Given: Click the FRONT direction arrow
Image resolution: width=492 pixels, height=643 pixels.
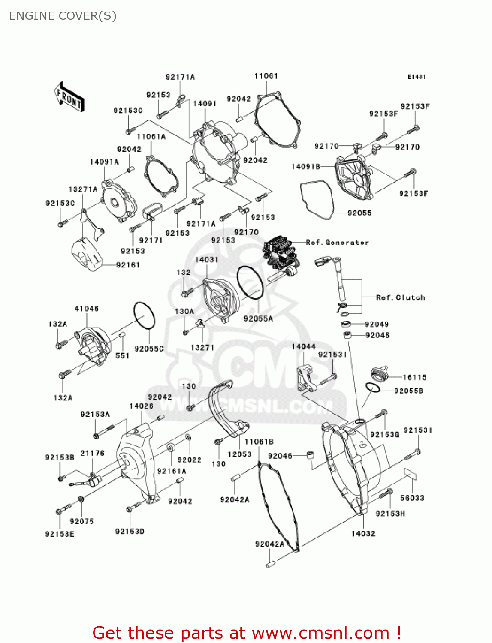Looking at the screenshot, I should coord(69,97).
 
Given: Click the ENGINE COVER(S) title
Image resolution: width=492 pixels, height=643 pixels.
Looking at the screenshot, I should coord(63,16).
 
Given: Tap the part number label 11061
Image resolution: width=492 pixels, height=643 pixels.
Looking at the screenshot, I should coord(266,76).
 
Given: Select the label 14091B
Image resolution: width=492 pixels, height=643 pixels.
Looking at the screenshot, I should coord(305,166).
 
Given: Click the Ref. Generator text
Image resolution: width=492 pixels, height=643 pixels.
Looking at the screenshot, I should coord(337,243).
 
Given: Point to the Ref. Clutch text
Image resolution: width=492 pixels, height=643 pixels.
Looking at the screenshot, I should coord(400,297).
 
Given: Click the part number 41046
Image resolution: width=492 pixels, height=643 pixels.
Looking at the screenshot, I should coord(87,308).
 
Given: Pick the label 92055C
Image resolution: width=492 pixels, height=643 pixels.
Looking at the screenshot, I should coord(149,349).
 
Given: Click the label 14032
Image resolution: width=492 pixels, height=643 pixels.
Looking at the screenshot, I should coord(363,533).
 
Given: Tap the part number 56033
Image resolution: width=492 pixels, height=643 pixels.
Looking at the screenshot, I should coord(412,498).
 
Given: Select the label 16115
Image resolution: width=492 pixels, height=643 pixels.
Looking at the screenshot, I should coord(414,377).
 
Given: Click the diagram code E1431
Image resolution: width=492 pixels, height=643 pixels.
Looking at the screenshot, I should coord(416,77).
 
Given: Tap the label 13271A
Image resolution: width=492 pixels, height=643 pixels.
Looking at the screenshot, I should coord(83,189).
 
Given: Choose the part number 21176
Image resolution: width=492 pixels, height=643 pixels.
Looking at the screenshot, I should coord(92,453).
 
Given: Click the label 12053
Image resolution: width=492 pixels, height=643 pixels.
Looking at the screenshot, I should coord(239,454).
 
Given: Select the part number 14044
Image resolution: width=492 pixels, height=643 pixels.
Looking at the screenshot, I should coord(303,346).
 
